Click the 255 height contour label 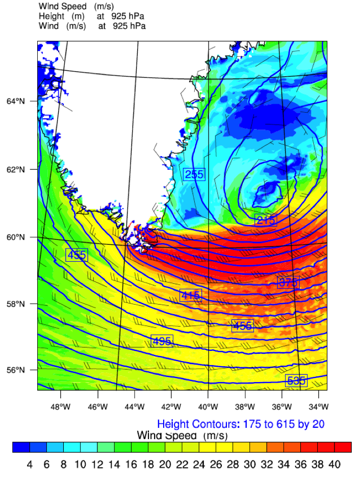point(194,174)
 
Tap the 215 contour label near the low point(266,220)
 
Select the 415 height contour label point(191,295)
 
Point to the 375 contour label point(288,283)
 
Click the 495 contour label point(162,341)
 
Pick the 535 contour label point(296,380)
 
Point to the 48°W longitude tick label point(61,406)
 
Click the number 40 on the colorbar point(335,465)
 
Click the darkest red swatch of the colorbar point(343,447)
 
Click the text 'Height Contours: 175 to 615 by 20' point(241,424)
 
